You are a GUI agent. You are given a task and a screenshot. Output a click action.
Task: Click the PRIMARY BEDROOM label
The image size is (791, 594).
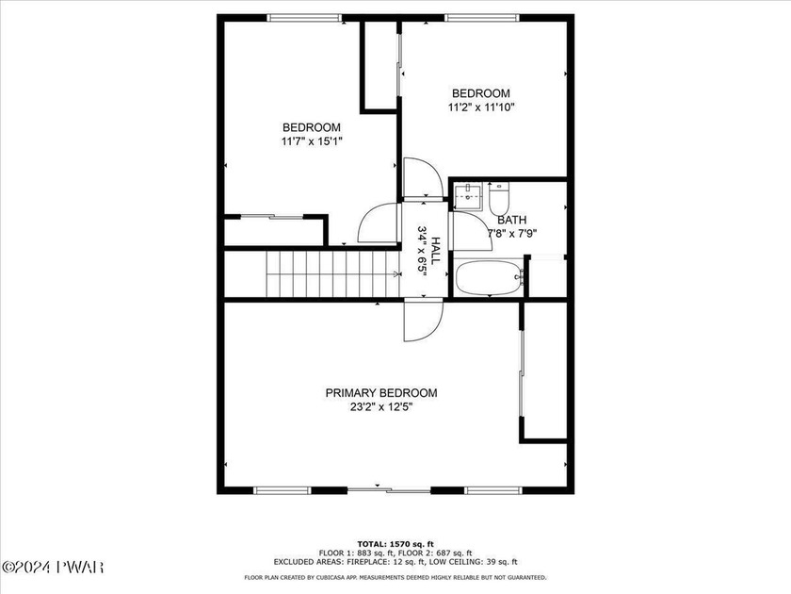coord(380,393)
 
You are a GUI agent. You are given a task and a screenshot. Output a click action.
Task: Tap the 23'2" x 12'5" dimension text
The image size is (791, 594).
coord(381,407)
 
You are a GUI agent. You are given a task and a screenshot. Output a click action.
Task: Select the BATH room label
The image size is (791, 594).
coord(512,221)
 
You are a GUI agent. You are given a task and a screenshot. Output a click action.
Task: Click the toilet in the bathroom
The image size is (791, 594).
coord(499,199)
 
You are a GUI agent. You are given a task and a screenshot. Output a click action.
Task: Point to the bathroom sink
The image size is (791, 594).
coord(469,195)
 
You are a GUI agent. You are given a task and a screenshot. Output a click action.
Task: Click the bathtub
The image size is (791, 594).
coord(490,278)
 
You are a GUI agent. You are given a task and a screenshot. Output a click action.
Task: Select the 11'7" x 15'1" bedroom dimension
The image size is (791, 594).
coord(312,141)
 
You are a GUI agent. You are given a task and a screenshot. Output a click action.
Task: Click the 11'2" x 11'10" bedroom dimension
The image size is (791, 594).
coord(481,107)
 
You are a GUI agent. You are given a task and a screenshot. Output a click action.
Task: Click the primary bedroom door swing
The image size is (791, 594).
coord(423,321)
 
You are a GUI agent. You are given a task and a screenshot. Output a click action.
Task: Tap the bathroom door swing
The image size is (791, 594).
coord(472,231)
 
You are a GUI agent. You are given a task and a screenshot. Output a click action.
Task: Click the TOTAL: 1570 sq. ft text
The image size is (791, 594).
coord(395,544)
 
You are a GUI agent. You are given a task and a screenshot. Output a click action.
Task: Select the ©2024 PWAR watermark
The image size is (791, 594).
coord(53,567)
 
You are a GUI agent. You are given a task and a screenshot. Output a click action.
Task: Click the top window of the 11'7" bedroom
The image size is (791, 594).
coord(304,18)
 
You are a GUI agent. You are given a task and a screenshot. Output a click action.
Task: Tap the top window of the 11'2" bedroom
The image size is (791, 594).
coord(482,18)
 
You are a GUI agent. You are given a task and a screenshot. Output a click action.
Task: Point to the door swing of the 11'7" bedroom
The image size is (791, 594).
coord(379,223)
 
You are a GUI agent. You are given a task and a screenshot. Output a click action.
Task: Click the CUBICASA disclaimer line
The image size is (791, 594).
coord(395,577)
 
